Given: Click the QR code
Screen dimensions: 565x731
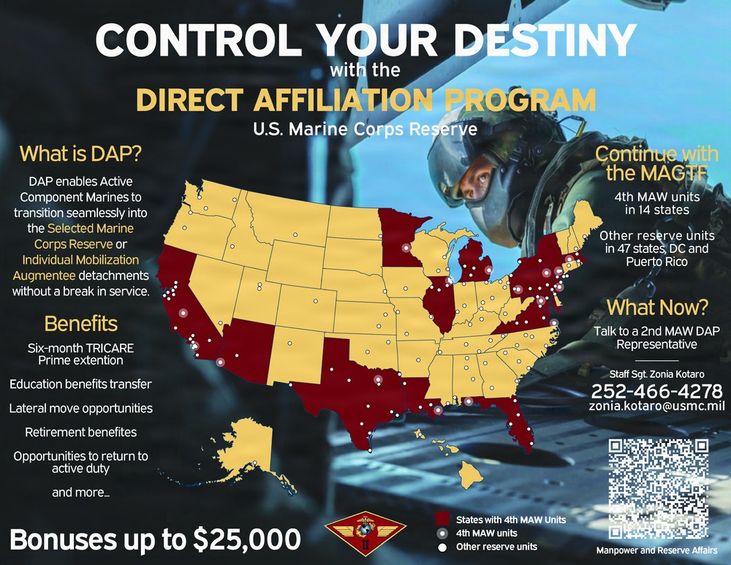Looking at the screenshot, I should (659, 488).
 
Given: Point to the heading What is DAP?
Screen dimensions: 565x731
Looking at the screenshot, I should (80, 154).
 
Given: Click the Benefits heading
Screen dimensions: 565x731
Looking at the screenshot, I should (80, 323).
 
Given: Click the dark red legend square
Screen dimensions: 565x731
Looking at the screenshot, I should (441, 519).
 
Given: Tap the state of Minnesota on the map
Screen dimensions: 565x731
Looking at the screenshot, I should (398, 238).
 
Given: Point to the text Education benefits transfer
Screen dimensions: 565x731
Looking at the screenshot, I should (80, 384).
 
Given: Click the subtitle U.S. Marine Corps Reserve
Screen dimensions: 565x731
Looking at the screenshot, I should (365, 129).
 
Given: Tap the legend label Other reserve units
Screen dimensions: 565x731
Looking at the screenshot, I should (496, 547).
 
